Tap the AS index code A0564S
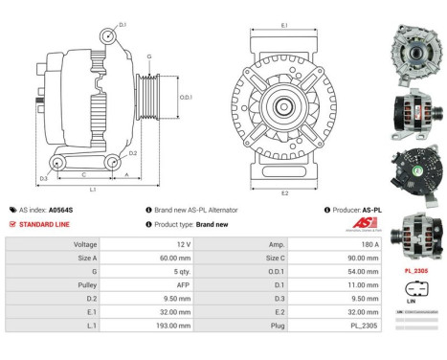click(61, 210)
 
